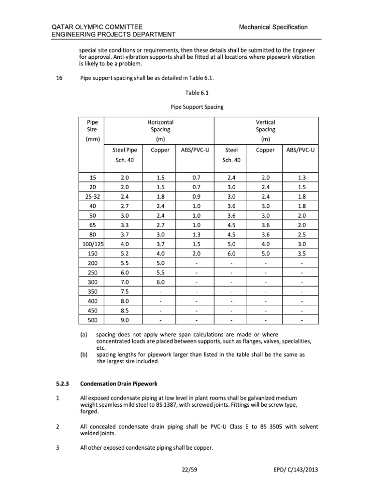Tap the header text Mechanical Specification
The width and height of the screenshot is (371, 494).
(273, 27)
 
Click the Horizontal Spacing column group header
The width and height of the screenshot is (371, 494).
(160, 126)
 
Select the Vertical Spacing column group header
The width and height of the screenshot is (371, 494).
(265, 126)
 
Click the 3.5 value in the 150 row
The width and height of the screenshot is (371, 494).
(301, 253)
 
